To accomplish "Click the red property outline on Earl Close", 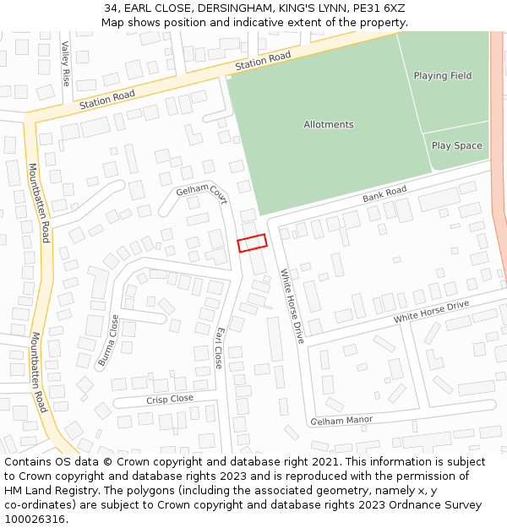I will [x=252, y=242].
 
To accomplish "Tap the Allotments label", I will [x=329, y=125].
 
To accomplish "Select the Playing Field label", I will [x=442, y=76].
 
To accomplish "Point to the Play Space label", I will [x=456, y=146].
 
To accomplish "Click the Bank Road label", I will [x=384, y=194].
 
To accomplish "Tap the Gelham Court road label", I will [x=202, y=193].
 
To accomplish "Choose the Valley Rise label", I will [x=66, y=65].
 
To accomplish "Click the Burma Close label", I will [x=108, y=340].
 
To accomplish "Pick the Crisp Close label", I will [x=169, y=399].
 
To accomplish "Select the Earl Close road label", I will [x=218, y=348].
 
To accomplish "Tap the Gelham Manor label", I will [x=341, y=420].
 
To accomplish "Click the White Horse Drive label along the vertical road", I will [x=292, y=306].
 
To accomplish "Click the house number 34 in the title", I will [x=111, y=8].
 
